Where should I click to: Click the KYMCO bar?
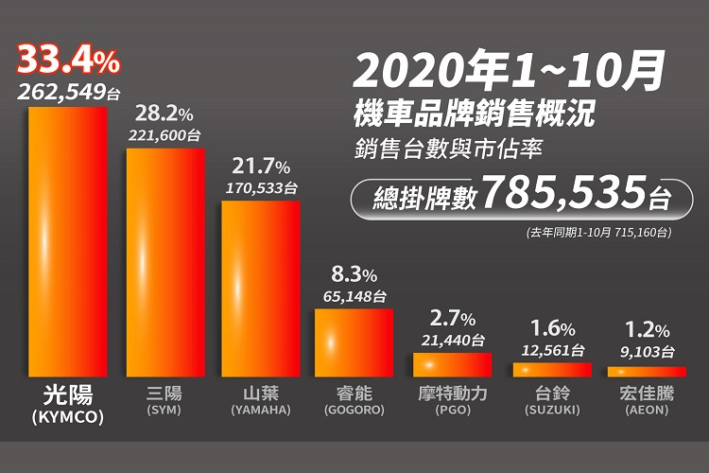[x=68, y=241]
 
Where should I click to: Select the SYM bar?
[x=165, y=262]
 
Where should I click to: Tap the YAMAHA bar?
[x=260, y=289]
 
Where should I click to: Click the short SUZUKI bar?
[x=551, y=370]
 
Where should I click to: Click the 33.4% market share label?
[x=66, y=62]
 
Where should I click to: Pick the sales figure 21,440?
[x=452, y=340]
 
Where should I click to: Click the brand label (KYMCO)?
[x=66, y=415]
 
